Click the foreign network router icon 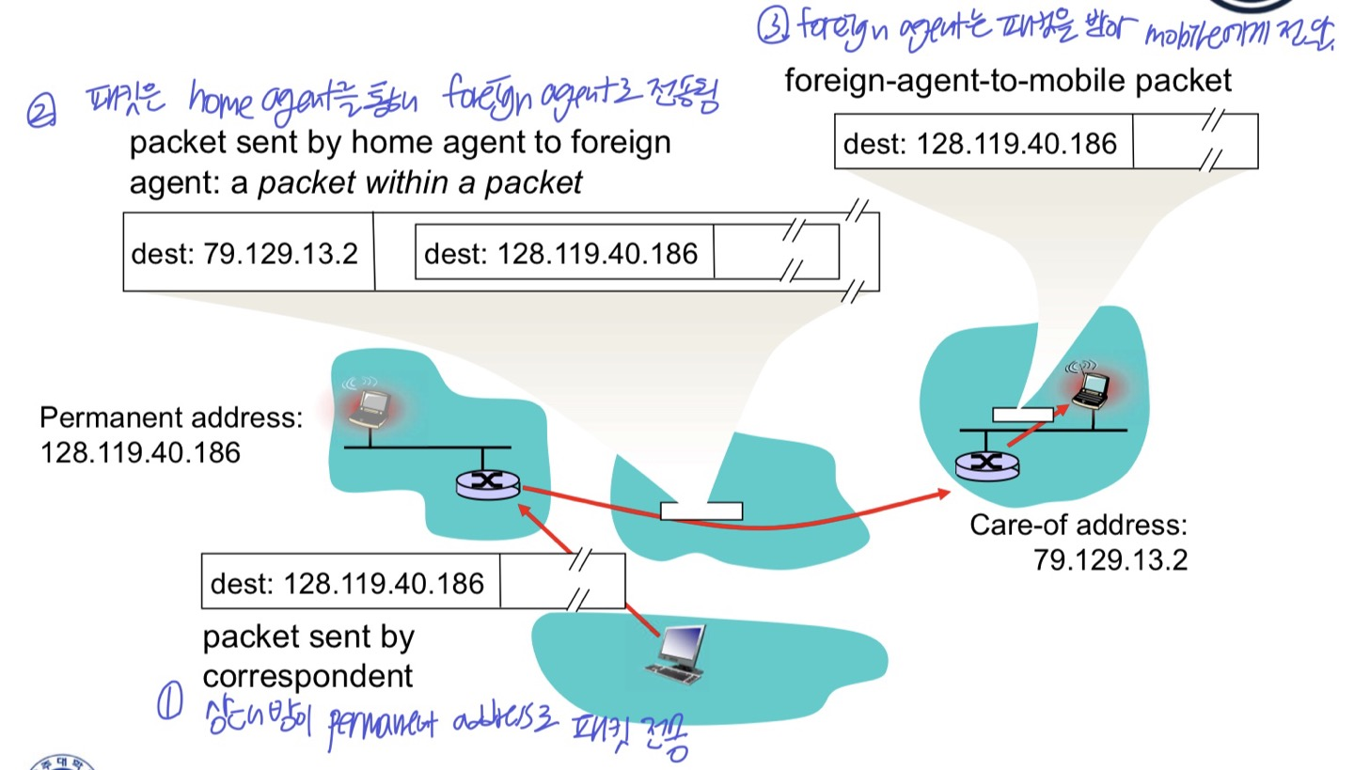tap(986, 463)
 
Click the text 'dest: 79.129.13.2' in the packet tap(244, 254)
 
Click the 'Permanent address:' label tap(171, 417)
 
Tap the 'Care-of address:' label tap(1078, 525)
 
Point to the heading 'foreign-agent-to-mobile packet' tap(1008, 81)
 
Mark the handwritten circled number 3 tap(772, 29)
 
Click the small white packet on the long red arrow tap(701, 511)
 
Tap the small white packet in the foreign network tap(1023, 414)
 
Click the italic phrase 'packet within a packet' tap(420, 181)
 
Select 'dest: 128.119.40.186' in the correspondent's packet tap(347, 584)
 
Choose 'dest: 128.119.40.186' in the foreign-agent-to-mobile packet tap(980, 144)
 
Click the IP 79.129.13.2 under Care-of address tap(1110, 560)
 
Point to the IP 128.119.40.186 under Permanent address tap(140, 452)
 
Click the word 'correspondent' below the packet tap(307, 676)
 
